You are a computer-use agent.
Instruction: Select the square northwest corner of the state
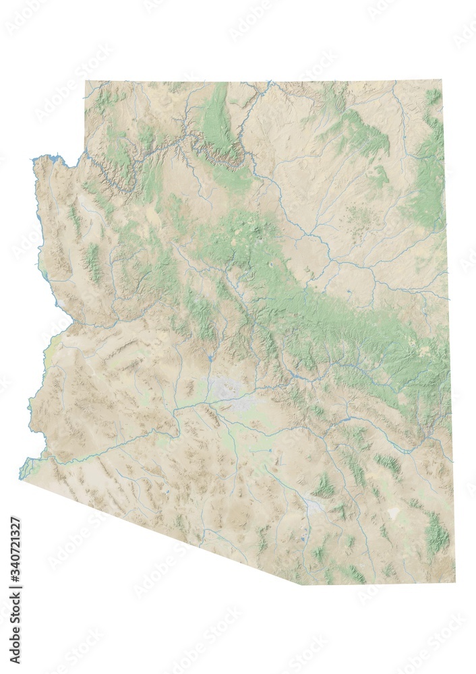click(86, 82)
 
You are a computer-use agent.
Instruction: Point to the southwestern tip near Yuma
click(20, 478)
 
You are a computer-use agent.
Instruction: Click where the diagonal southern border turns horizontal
click(301, 584)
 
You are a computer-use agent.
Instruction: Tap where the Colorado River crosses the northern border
click(270, 82)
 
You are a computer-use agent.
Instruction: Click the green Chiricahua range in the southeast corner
click(437, 532)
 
